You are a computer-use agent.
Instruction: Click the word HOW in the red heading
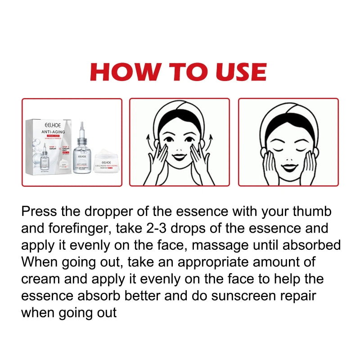pyautogui.click(x=124, y=72)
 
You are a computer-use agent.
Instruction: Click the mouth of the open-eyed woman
pyautogui.click(x=179, y=157)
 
